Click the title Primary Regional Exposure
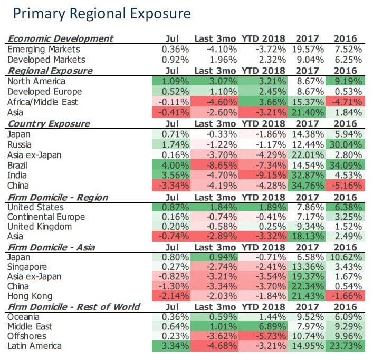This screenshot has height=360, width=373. (x=102, y=13)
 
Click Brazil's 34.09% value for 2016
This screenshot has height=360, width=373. (x=346, y=164)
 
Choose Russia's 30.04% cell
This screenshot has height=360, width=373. (x=346, y=144)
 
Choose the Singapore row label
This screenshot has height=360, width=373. (x=28, y=267)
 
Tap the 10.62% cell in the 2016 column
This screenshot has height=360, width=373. (x=346, y=257)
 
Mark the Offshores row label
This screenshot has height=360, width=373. (x=28, y=337)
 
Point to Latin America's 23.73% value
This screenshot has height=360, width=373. (x=346, y=346)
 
